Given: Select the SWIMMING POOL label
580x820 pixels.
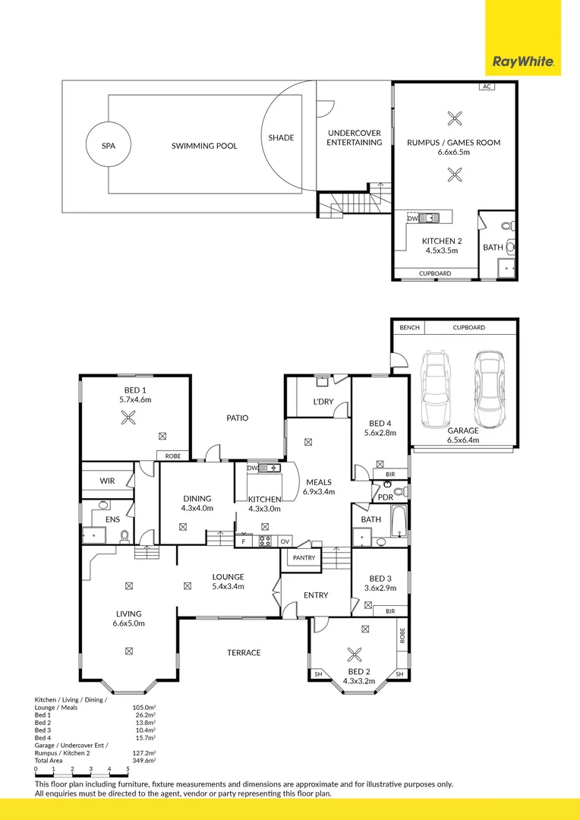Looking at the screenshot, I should coord(204,145).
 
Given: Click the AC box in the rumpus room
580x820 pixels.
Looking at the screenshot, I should coord(487,87).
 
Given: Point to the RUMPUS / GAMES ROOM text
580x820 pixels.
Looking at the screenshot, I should coord(453,142).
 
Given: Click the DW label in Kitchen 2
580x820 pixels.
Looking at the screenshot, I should coord(412,218).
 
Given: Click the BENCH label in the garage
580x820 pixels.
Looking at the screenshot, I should coord(408,327).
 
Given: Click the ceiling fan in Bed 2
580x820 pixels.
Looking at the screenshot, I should coord(354,654).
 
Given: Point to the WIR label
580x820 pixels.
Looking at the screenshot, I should coord(107,481).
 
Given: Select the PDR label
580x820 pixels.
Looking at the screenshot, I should coord(385,497).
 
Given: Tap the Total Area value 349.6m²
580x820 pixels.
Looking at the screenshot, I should coord(143,760).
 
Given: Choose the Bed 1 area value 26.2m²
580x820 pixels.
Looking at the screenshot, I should coord(144,714).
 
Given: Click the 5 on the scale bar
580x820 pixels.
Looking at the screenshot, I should coord(128,770).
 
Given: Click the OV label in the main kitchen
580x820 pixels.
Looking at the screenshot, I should coord(285,541).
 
